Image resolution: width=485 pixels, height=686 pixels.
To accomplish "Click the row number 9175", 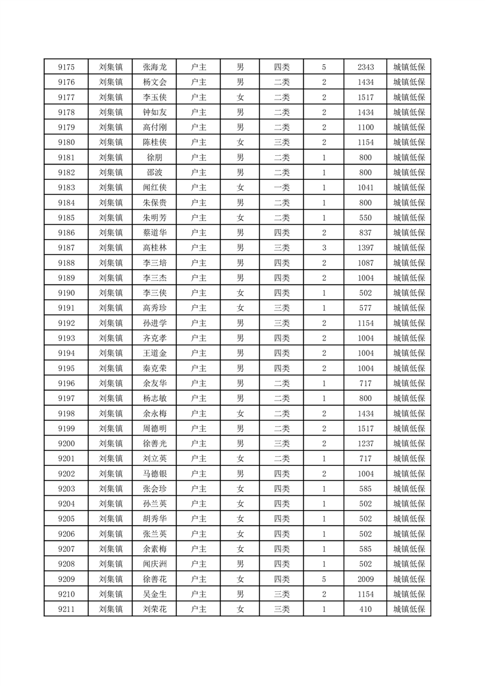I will coord(66,67).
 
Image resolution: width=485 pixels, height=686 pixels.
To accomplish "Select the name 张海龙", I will coord(155,67).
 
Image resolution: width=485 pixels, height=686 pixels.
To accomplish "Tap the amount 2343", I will coord(366,67).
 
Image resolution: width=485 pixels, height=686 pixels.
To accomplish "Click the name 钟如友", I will coord(155,112).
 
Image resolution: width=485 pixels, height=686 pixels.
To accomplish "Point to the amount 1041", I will coord(366,188).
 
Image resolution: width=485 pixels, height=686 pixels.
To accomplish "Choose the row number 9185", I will coord(66,218).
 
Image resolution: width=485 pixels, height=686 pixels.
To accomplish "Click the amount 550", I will coord(366,218).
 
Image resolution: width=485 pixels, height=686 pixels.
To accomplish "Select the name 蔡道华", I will coord(155,233).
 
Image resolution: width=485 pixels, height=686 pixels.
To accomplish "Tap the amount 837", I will coord(366,233).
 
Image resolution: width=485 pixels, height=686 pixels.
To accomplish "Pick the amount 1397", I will coord(366,248).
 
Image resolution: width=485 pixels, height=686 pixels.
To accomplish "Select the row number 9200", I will coord(66,443).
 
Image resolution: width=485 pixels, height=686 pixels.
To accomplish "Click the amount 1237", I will coord(366,443).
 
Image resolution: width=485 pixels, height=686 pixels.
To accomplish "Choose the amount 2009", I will coord(366,579).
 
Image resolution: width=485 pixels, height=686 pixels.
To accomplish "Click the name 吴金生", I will coord(155,594).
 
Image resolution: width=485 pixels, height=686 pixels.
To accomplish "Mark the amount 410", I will coord(366,609).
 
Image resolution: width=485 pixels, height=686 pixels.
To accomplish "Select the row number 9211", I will coord(66,609).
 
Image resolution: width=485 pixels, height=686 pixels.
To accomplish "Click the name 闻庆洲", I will coord(155,564).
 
